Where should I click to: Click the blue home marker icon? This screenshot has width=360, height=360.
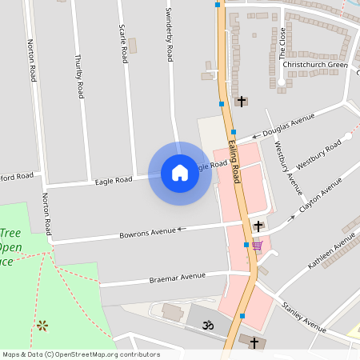[x=180, y=173]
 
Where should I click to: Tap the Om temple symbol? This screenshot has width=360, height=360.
[x=208, y=326]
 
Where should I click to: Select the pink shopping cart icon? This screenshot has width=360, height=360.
[x=256, y=246]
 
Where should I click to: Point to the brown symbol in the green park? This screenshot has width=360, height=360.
[x=42, y=325]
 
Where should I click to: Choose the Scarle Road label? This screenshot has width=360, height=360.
[x=123, y=44]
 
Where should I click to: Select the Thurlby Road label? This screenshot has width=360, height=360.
[x=78, y=76]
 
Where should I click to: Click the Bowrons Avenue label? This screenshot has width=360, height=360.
[x=147, y=232]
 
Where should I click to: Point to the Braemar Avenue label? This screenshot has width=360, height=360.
[x=178, y=278]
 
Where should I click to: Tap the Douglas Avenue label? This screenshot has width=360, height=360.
[x=289, y=125]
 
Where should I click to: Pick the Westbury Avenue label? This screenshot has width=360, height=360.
[x=287, y=168]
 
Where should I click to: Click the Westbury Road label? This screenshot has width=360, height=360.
[x=319, y=153]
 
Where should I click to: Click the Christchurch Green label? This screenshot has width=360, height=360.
[x=315, y=65]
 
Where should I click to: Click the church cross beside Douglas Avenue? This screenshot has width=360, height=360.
[x=242, y=102]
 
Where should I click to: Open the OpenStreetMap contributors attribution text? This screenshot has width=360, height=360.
[x=81, y=354]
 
